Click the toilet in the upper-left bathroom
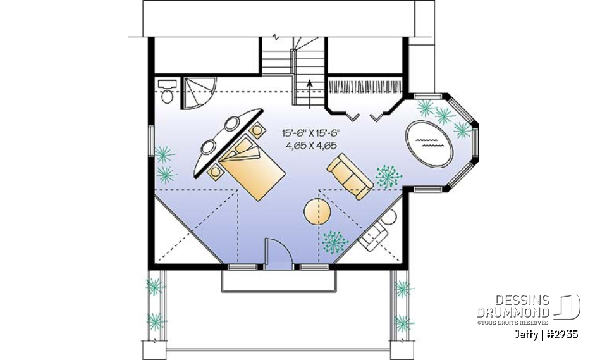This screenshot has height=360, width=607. tap(168, 95)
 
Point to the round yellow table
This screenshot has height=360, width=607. tap(317, 212)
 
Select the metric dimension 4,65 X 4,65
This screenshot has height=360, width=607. tap(311, 146)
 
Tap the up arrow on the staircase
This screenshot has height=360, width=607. tap(309, 84)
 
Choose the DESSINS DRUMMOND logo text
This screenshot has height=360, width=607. tap(513, 306)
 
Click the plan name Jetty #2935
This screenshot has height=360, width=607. tap(546, 334)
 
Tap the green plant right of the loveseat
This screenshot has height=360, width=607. tap(387, 177)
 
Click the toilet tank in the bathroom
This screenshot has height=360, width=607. tap(167, 84)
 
